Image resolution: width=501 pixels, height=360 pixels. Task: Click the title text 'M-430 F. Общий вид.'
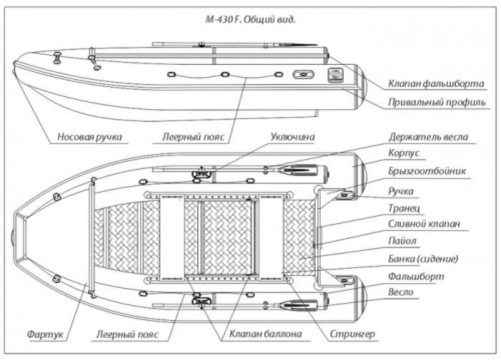[250, 18]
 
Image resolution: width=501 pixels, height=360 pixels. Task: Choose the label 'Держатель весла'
[428, 136]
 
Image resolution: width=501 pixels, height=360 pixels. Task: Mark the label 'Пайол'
[403, 242]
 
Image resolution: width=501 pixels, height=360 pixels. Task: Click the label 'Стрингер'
[352, 334]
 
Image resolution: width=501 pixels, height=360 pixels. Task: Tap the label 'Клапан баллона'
[262, 334]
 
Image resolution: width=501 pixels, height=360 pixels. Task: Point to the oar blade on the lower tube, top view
[302, 306]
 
